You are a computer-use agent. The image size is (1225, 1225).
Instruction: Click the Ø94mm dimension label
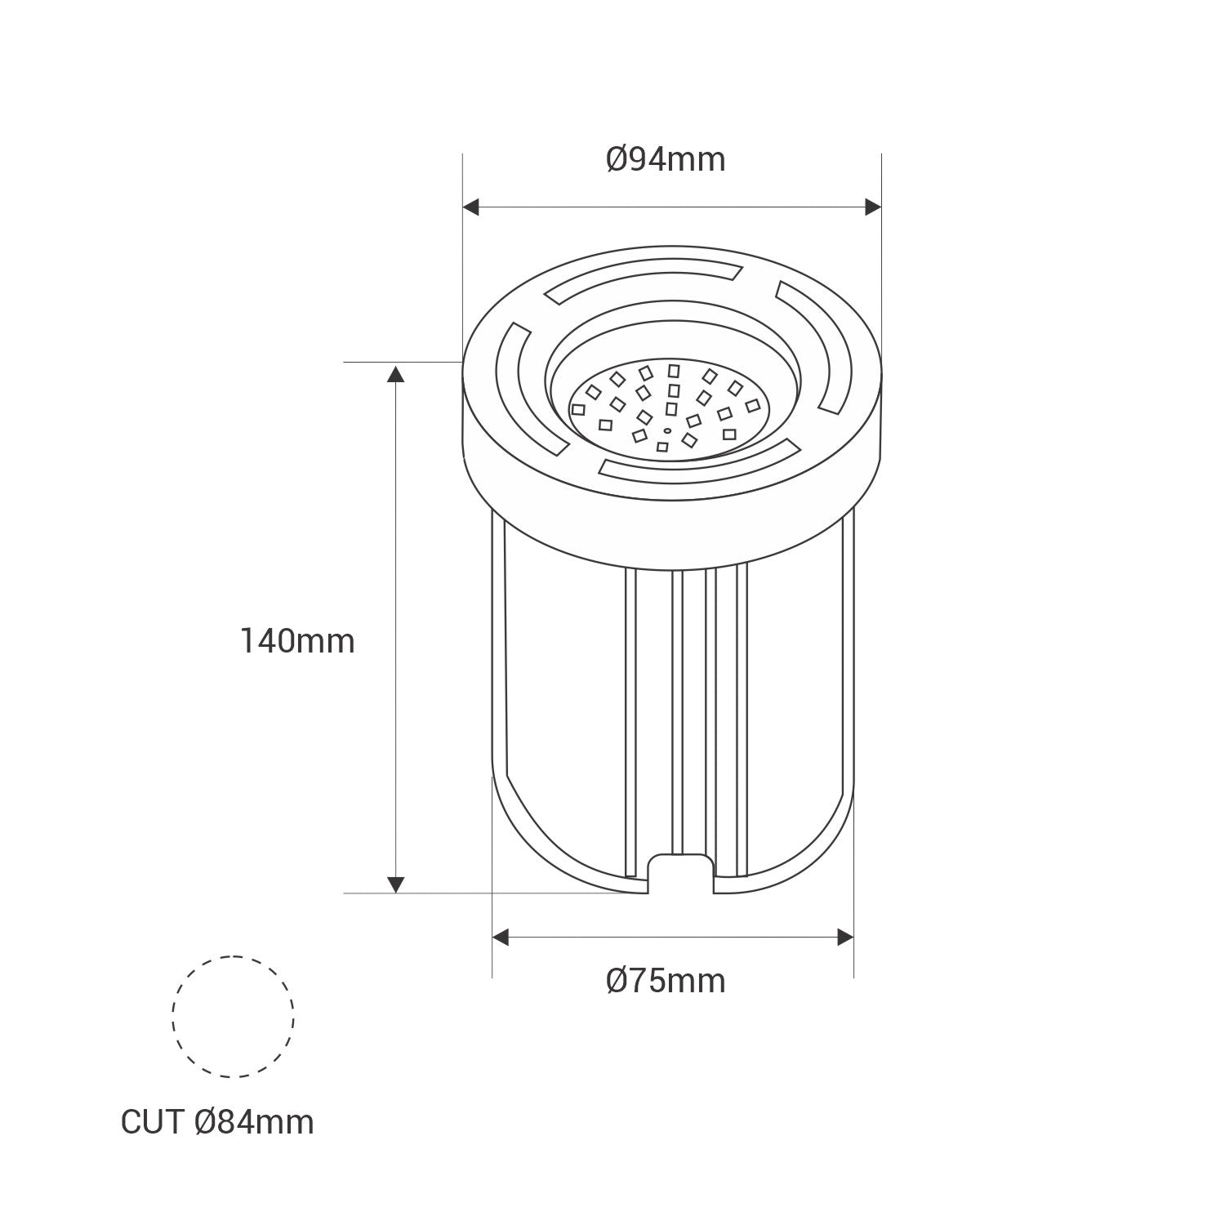(x=666, y=160)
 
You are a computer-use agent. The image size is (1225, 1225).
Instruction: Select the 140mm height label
(x=297, y=641)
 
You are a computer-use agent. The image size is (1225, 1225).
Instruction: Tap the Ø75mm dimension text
(x=666, y=980)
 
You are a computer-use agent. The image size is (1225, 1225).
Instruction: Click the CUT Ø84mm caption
(x=217, y=1122)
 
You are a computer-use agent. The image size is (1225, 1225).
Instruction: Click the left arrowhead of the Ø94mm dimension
(x=471, y=207)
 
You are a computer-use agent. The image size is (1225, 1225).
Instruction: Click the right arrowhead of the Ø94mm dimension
(x=873, y=207)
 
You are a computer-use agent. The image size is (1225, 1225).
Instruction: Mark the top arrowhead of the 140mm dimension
(x=395, y=376)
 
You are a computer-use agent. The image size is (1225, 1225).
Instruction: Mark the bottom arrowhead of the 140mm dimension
(x=395, y=884)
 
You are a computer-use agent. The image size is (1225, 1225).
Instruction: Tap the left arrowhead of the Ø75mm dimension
(x=501, y=938)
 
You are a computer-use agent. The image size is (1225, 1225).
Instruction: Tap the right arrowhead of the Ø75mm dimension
(x=844, y=938)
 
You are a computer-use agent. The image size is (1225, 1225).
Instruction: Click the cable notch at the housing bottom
(x=681, y=874)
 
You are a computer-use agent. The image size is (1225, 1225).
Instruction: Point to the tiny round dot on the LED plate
(x=667, y=430)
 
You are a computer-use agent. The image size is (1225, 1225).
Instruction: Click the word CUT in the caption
(x=153, y=1122)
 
